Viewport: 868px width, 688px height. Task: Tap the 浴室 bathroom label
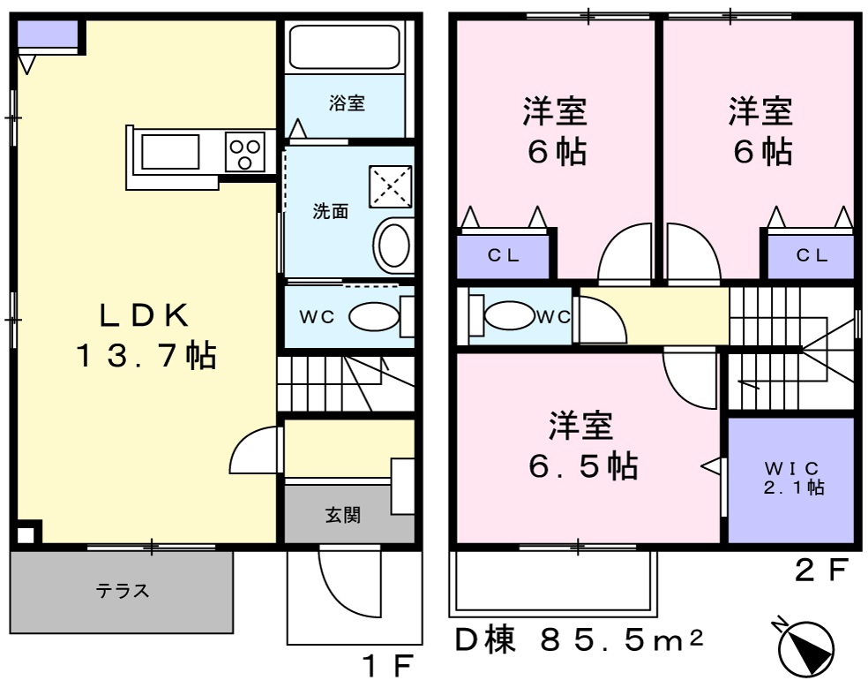click(347, 103)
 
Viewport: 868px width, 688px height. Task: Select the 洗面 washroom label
click(331, 212)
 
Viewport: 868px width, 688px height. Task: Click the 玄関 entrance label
click(343, 515)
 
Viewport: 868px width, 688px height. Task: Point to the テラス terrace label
click(122, 591)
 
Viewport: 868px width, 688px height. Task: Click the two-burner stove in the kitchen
click(245, 151)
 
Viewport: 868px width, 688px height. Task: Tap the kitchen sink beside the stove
click(170, 152)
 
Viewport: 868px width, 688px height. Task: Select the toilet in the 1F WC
click(374, 317)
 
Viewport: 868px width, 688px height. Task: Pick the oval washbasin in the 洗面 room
click(393, 246)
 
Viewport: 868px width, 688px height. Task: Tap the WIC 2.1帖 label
click(793, 477)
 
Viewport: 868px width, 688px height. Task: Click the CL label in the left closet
click(504, 256)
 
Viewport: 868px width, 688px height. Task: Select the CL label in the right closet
click(812, 256)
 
